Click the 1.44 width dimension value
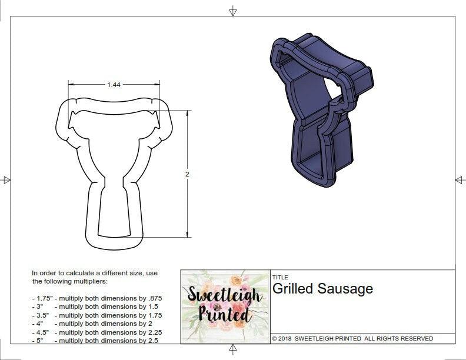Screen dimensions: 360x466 coord(114,85)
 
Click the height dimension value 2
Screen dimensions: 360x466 coord(187,175)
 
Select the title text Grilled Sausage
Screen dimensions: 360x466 coord(322,289)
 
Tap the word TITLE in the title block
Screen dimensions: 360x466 coord(279,277)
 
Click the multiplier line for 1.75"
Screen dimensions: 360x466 coord(97,298)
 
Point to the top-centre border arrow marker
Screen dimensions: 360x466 coord(233,11)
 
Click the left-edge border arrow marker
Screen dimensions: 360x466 coord(6,179)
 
